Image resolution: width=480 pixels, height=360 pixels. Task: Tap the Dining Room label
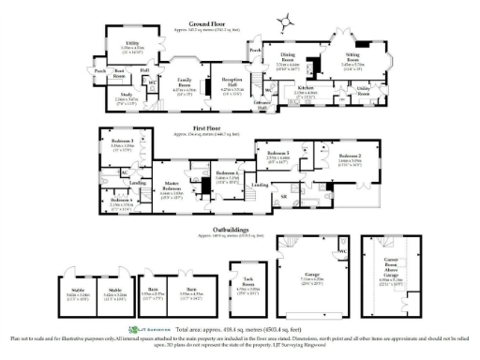pos(288,57)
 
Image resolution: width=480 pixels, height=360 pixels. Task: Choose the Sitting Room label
pos(352,57)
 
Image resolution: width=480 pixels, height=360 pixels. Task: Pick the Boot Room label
pos(119,71)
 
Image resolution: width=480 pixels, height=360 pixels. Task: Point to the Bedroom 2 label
pos(349,156)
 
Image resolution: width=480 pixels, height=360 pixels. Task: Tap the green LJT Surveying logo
pos(151,329)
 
